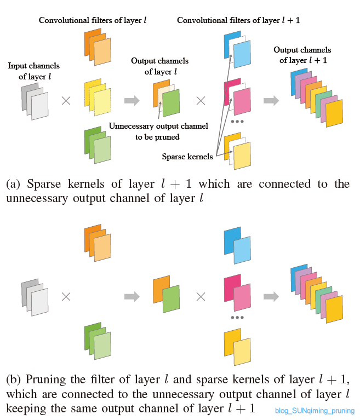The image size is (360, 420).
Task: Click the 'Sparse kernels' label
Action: [187, 157]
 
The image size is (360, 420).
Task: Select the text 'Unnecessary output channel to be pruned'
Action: [158, 131]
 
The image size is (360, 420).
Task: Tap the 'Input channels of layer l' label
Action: [34, 71]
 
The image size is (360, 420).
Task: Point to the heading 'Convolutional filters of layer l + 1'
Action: [238, 20]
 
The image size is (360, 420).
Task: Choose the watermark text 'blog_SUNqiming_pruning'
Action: [315, 411]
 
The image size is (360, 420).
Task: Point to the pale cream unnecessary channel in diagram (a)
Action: [167, 96]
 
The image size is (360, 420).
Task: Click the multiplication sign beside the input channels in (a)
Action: [66, 101]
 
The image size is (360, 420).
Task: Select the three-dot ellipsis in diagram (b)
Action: [237, 318]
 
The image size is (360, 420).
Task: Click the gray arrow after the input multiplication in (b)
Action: [132, 296]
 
